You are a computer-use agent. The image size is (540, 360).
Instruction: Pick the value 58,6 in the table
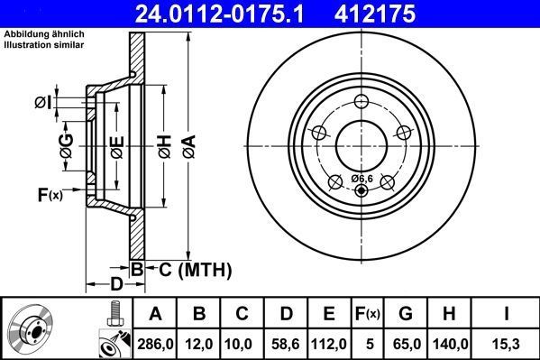click(286, 343)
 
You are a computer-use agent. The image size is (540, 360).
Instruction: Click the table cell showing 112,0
click(329, 343)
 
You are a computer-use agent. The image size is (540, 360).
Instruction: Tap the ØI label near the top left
click(41, 103)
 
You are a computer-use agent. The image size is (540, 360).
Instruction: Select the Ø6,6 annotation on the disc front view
click(362, 178)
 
